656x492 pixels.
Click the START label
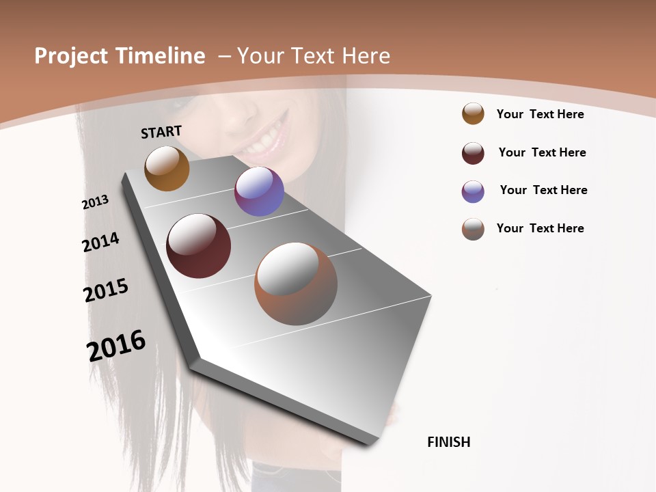pyautogui.click(x=161, y=131)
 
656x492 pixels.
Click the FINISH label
pyautogui.click(x=449, y=442)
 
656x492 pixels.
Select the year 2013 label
pyautogui.click(x=96, y=202)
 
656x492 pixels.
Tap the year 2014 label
pyautogui.click(x=100, y=242)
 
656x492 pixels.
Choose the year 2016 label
pyautogui.click(x=116, y=346)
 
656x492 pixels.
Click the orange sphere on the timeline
pyautogui.click(x=167, y=168)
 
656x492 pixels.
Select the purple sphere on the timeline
pyautogui.click(x=259, y=191)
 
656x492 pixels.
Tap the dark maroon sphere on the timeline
pyautogui.click(x=198, y=246)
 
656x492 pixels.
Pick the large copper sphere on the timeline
pyautogui.click(x=296, y=284)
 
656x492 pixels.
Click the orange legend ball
pyautogui.click(x=473, y=113)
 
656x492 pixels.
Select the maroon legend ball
pyautogui.click(x=473, y=153)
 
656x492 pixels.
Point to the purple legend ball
pyautogui.click(x=473, y=191)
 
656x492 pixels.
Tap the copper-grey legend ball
pyautogui.click(x=473, y=229)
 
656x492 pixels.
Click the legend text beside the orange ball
pyautogui.click(x=540, y=114)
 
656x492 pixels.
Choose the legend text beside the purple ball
pyautogui.click(x=543, y=190)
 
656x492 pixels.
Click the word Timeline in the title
pyautogui.click(x=162, y=56)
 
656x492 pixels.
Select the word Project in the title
pyautogui.click(x=72, y=56)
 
